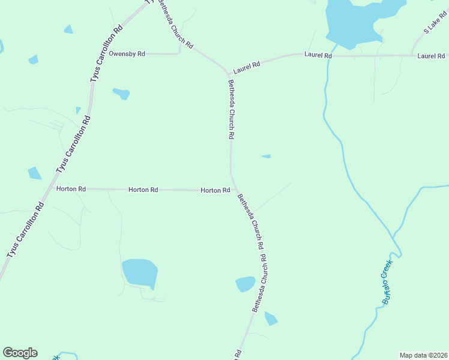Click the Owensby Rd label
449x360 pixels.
(127, 54)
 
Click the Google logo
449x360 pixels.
(20, 353)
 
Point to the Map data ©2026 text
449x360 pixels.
(423, 355)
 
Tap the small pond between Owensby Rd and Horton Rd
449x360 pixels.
(121, 93)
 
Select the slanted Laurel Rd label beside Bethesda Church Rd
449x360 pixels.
(246, 67)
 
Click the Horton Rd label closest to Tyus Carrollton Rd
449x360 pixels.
(71, 189)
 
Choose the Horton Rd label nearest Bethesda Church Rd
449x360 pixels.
(215, 190)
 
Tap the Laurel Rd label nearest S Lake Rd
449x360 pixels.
(431, 56)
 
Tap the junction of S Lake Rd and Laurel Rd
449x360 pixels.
(412, 56)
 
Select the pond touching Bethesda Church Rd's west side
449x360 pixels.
(246, 284)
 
